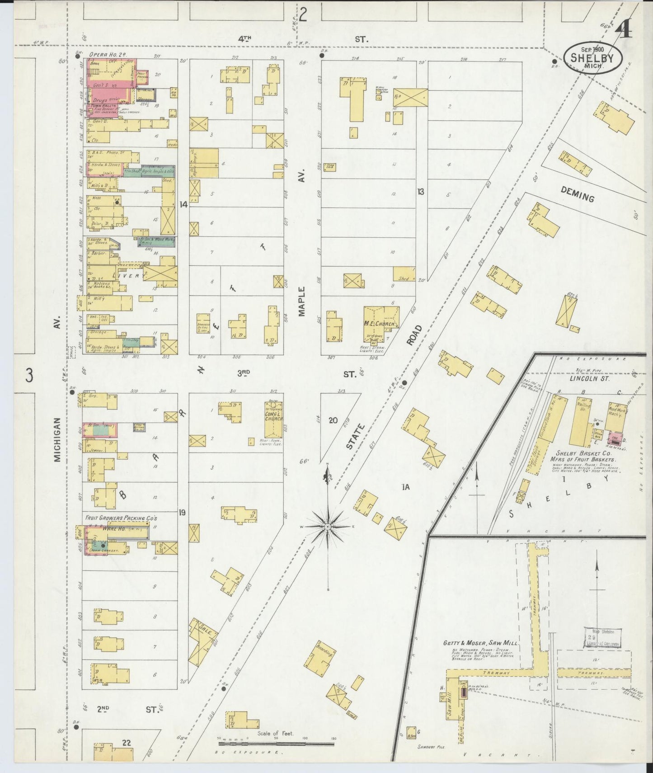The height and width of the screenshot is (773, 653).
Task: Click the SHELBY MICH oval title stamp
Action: coord(592,57)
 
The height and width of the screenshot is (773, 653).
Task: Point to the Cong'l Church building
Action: coord(273,418)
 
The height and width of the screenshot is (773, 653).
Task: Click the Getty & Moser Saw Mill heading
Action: coord(480,643)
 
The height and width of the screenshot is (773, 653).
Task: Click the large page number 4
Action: coord(624,30)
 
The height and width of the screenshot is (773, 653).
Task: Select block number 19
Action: coord(182,512)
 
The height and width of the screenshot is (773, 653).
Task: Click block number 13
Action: coord(421,192)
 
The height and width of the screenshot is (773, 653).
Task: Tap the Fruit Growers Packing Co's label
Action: coord(121,518)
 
